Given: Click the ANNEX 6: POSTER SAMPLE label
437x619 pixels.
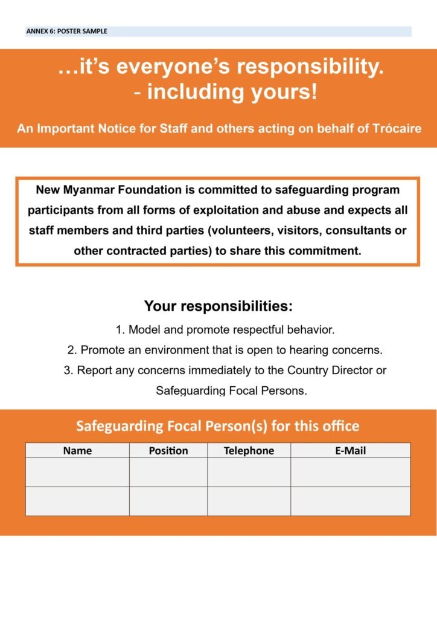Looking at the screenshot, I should pos(66,31).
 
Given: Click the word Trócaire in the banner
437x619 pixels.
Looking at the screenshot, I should pos(397,129).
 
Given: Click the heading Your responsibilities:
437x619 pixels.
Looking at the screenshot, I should pos(218,306).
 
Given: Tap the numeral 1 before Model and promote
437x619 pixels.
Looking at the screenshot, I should pos(119,330).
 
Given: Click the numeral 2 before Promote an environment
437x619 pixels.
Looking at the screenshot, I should pos(71,350).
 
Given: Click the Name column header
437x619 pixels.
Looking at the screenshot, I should pos(77,450).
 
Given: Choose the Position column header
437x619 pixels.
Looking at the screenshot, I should pos(168,450).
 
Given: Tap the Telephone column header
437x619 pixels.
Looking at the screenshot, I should pos(249,450).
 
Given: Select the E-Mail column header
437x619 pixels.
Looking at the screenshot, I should pos(350,450).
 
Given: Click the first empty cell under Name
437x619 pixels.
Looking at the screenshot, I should pos(77,472).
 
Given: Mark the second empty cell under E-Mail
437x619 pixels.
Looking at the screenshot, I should pos(350,501).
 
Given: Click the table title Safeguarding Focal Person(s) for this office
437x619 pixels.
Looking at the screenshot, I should pos(217,426).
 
